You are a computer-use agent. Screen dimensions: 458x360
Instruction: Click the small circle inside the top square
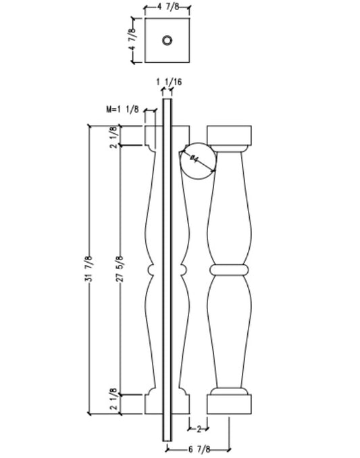[x=166, y=41]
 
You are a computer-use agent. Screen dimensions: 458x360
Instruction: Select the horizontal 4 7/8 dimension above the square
[x=166, y=8]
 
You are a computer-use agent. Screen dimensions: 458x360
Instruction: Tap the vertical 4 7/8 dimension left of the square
[x=134, y=41]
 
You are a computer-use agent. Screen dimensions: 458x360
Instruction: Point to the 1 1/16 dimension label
[x=169, y=82]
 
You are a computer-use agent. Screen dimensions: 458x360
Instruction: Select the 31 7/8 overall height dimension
[x=89, y=270]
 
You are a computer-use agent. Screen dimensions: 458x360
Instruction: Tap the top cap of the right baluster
[x=230, y=135]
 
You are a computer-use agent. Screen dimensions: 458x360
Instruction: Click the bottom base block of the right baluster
[x=230, y=404]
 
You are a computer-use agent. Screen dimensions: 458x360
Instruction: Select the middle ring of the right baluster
[x=230, y=270]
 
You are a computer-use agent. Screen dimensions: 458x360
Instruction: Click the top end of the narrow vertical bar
[x=167, y=101]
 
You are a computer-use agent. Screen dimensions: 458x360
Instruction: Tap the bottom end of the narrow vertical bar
[x=167, y=438]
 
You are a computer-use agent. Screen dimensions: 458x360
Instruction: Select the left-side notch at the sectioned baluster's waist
[x=149, y=270]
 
